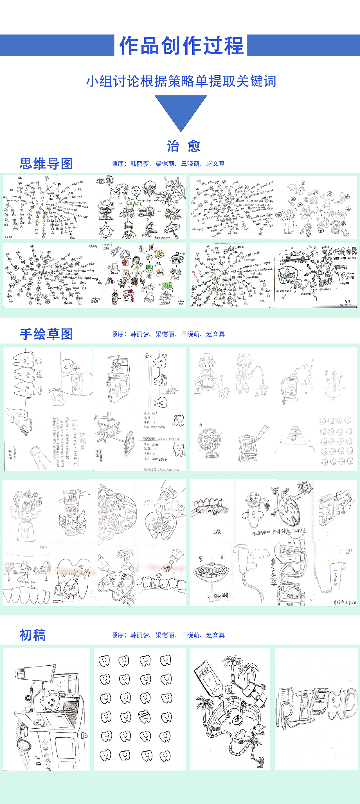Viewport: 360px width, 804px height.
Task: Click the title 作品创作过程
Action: coord(181,46)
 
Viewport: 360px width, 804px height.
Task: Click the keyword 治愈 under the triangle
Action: coord(184,146)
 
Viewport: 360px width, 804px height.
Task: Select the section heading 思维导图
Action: coord(46,164)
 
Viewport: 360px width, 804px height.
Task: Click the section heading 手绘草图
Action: coord(46,334)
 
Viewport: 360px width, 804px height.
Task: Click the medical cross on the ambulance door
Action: coord(40,722)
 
